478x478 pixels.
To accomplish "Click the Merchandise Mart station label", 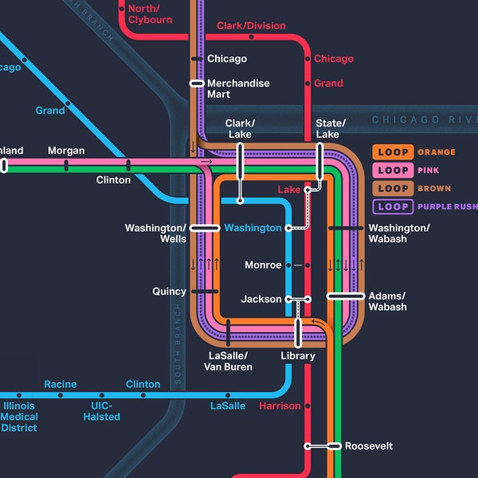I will pos(238,88).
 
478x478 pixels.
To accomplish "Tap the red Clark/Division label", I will pos(251,25).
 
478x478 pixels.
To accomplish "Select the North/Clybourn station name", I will pos(150,14).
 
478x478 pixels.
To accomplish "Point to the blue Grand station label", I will pos(50,111).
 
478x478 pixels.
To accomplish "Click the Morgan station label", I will pos(66,151).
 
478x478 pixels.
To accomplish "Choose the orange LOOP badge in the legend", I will pos(393,152).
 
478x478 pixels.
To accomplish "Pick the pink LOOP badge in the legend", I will pos(393,170).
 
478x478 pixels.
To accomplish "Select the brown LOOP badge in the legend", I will pos(393,189).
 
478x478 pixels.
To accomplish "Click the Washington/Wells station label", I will pos(155,233).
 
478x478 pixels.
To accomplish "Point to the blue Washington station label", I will pos(253,228).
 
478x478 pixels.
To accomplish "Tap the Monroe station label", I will pos(263,265).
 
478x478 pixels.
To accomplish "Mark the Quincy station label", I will pos(169,292).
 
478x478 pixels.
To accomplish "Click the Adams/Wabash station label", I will pos(387,301).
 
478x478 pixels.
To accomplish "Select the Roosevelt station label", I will pos(368,446).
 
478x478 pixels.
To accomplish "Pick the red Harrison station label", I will pos(280,406).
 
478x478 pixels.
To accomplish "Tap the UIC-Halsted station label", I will pos(102,411).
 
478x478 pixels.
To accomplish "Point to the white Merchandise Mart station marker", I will pos(197,84).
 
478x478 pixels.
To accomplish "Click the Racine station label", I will pos(61,385).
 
